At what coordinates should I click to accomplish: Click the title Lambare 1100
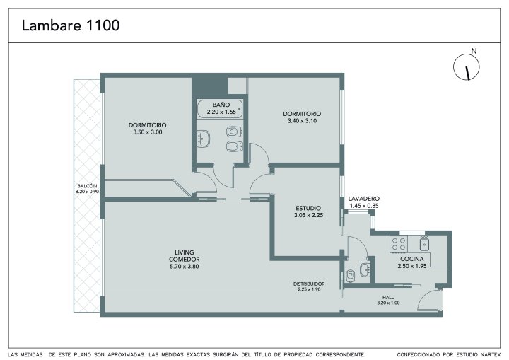pyautogui.click(x=71, y=25)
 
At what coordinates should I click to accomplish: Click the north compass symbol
pyautogui.click(x=467, y=67)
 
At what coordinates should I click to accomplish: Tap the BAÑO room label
pyautogui.click(x=221, y=105)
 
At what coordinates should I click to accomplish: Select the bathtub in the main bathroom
pyautogui.click(x=220, y=109)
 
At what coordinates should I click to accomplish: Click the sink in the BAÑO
pyautogui.click(x=203, y=139)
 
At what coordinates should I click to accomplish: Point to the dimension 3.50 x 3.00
pyautogui.click(x=148, y=132)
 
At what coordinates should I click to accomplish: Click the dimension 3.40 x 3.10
pyautogui.click(x=303, y=121)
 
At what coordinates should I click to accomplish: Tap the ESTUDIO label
pyautogui.click(x=308, y=208)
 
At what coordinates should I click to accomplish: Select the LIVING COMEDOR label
pyautogui.click(x=184, y=256)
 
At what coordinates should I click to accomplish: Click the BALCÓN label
pyautogui.click(x=87, y=186)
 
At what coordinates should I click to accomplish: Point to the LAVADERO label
pyautogui.click(x=364, y=199)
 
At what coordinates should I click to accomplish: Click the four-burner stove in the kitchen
pyautogui.click(x=399, y=244)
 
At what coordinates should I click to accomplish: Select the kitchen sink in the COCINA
pyautogui.click(x=425, y=243)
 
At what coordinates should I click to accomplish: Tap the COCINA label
pyautogui.click(x=412, y=259)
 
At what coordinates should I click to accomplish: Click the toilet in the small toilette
pyautogui.click(x=350, y=276)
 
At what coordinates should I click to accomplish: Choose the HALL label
pyautogui.click(x=388, y=297)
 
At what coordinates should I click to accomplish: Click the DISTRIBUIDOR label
pyautogui.click(x=309, y=284)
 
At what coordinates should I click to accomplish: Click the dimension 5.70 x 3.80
pyautogui.click(x=185, y=267)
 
